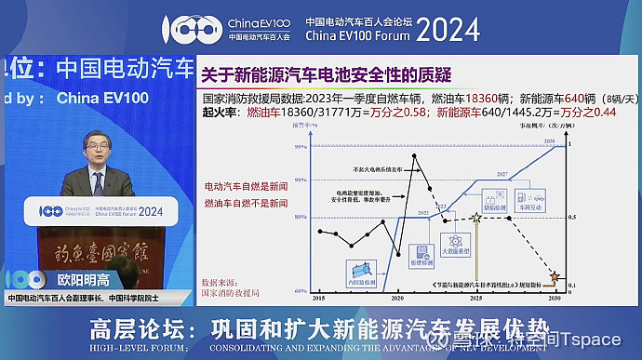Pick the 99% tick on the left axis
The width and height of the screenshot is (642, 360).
pyautogui.click(x=300, y=147)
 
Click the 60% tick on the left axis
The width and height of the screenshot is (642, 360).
pyautogui.click(x=300, y=290)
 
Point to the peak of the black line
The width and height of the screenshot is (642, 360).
pyautogui.click(x=414, y=155)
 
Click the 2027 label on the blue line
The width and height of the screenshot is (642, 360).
pyautogui.click(x=528, y=174)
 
